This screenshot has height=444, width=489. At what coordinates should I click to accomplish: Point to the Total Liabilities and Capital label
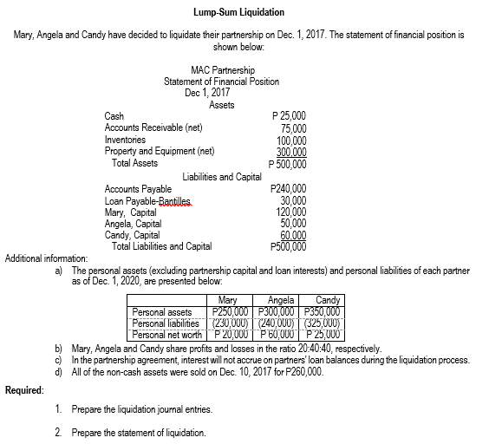click(161, 245)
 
